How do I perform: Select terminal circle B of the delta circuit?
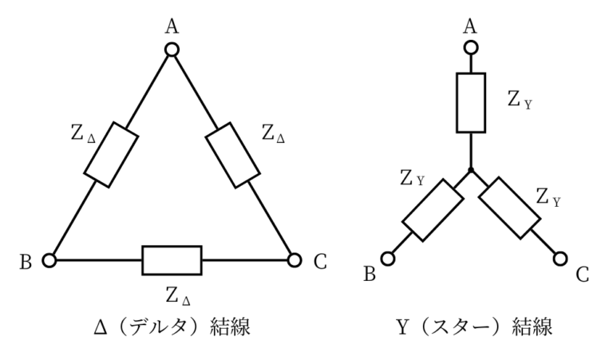click(49, 259)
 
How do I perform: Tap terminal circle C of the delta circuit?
click(294, 259)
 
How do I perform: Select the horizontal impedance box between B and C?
click(172, 259)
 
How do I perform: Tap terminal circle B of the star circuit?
click(390, 258)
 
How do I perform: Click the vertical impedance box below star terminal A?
click(471, 102)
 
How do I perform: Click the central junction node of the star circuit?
click(471, 171)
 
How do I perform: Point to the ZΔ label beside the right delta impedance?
click(272, 133)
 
